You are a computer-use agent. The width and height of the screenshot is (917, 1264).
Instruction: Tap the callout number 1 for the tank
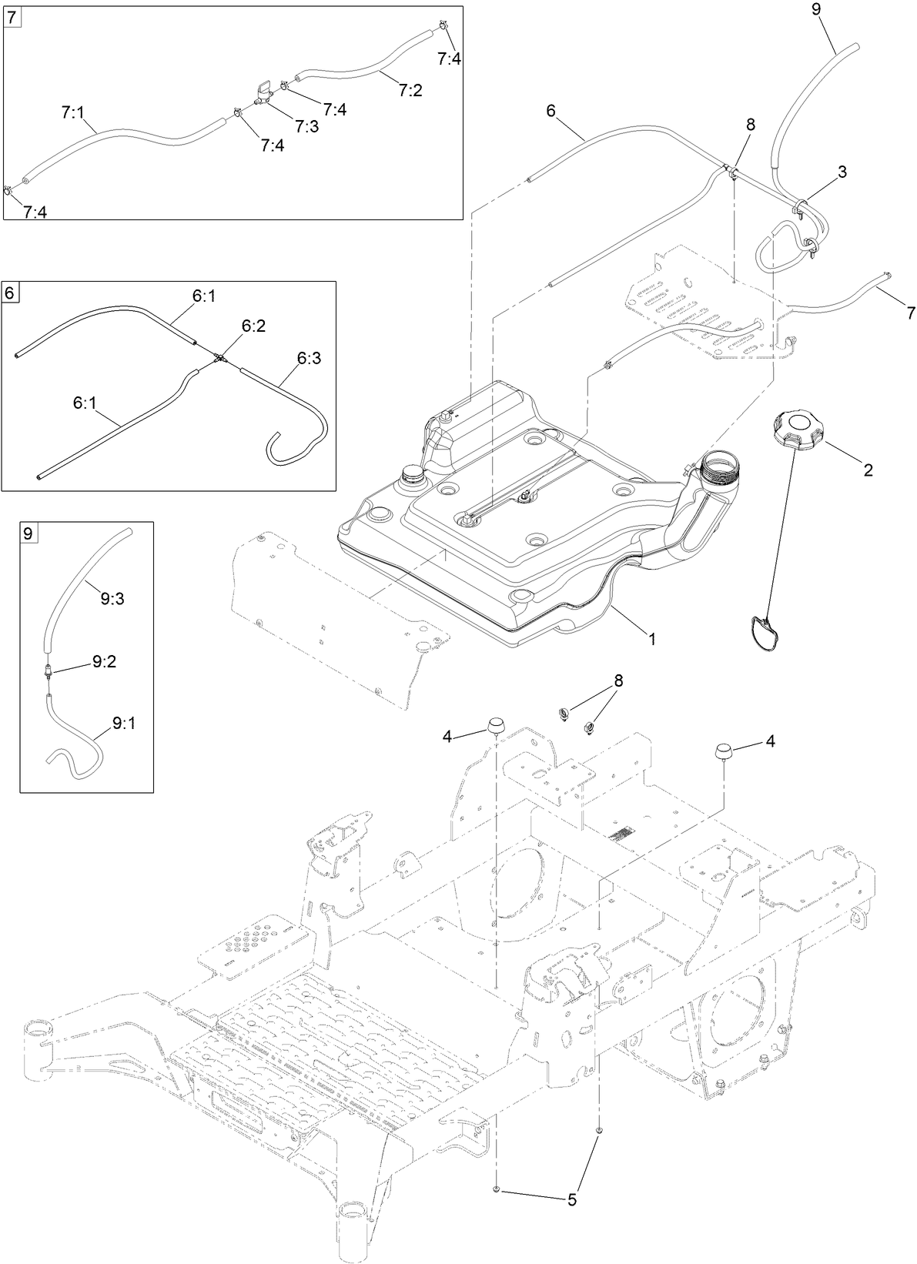[x=651, y=638]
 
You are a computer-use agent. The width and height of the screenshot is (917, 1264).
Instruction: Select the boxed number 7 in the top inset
[x=13, y=17]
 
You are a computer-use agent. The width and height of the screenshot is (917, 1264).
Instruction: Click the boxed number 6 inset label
[x=11, y=293]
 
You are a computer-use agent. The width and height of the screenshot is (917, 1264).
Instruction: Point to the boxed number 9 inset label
[x=28, y=533]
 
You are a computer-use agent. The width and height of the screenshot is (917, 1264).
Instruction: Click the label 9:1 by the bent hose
[x=125, y=723]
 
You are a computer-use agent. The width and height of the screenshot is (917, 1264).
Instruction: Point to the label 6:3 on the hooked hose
[x=310, y=357]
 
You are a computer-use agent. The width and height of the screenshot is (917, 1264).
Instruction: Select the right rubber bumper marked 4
[x=724, y=751]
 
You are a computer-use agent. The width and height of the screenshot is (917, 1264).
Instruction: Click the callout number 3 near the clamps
[x=842, y=172]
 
